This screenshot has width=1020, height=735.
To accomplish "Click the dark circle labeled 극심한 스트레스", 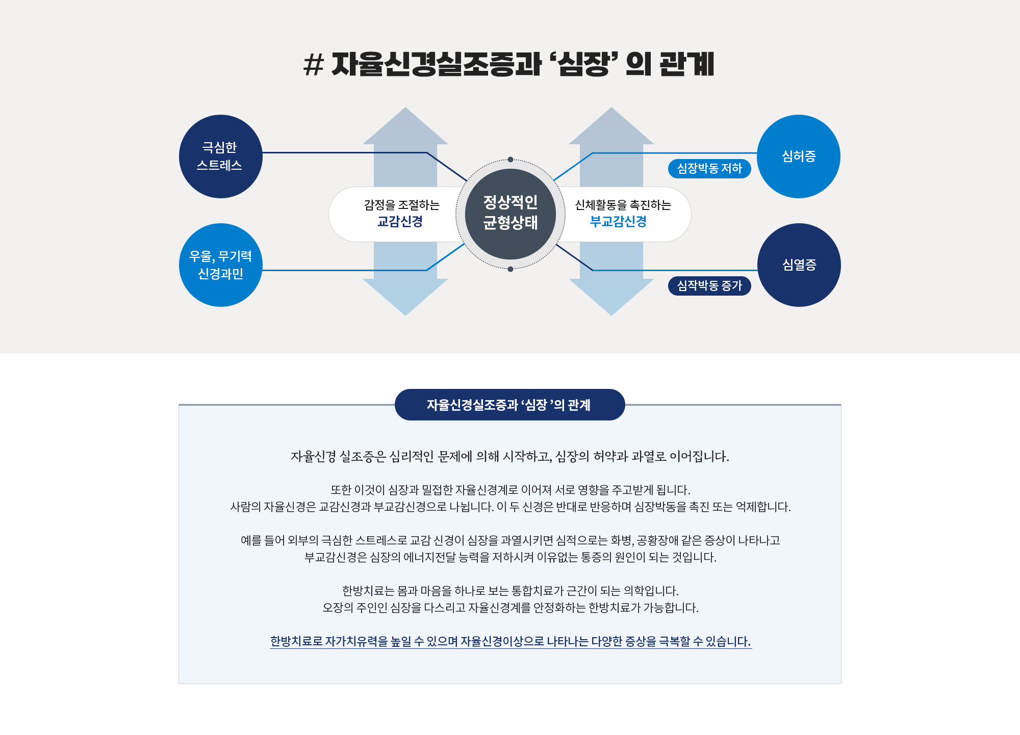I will (220, 156).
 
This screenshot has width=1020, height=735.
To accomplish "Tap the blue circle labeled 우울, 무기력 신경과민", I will (220, 265).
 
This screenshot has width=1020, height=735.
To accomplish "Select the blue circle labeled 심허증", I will (799, 156).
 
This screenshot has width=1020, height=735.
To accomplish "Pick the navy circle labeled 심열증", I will (799, 265).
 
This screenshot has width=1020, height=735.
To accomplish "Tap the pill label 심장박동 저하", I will (709, 169).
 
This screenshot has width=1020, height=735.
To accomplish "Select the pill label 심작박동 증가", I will (709, 286).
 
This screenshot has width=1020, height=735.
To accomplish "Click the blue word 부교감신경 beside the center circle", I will (618, 222).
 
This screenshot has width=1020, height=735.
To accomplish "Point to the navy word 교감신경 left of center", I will (400, 222).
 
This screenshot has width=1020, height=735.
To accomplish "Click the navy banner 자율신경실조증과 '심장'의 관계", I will (509, 405).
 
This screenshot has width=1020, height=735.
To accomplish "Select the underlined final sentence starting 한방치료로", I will (511, 641).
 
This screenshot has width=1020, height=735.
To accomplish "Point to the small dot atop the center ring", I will (511, 160).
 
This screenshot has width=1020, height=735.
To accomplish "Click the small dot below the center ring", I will (511, 269).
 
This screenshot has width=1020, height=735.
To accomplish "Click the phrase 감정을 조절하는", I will (402, 205).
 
